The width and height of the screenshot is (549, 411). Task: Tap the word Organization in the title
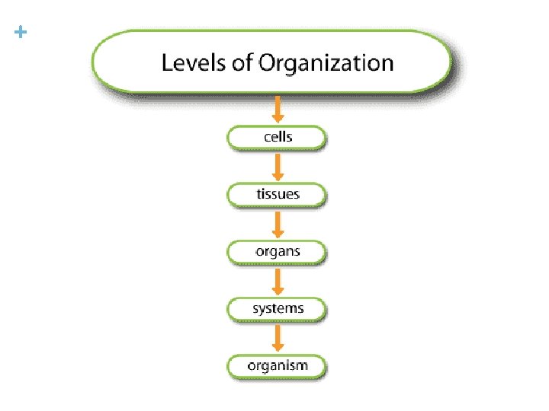326,63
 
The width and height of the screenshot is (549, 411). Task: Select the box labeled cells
277,138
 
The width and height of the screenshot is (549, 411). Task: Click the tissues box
277,195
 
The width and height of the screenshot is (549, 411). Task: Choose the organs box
277,252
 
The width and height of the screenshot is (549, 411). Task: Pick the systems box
277,309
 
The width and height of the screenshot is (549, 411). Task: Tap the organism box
277,366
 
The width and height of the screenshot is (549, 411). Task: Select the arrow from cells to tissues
278,167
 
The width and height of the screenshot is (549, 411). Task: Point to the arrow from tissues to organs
278,224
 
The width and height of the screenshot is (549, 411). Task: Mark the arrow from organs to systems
278,281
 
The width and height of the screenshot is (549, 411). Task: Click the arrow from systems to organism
278,338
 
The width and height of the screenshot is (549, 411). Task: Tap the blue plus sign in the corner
20,33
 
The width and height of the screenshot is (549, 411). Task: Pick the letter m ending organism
301,366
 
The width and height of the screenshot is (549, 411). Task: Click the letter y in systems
267,310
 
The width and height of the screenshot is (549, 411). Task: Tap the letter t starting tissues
258,195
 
